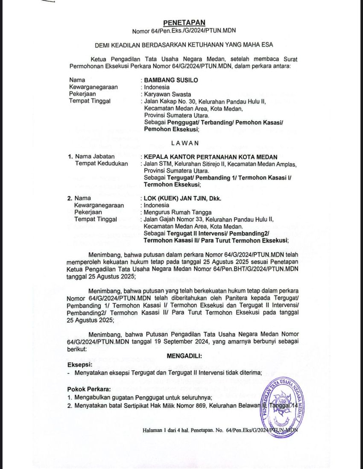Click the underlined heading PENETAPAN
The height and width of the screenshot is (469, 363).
point(184,23)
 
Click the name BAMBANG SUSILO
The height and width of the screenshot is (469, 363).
point(171,80)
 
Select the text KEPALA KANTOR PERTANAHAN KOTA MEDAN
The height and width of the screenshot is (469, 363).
point(211,157)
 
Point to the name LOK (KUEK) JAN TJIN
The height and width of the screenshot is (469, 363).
point(176,198)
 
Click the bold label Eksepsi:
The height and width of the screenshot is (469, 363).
point(80,364)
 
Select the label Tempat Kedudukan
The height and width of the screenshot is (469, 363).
point(101,164)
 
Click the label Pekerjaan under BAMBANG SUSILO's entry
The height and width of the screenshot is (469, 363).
point(82,94)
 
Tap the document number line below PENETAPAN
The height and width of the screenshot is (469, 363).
point(184,31)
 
